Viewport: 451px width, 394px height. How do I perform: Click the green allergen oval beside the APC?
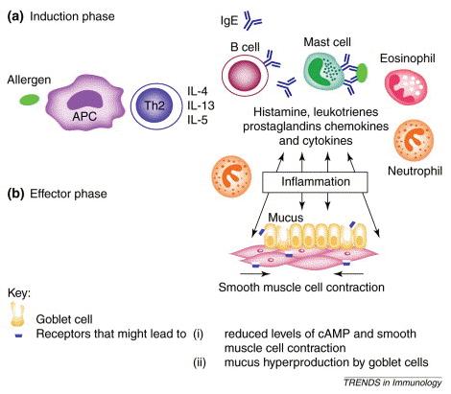tap(29, 100)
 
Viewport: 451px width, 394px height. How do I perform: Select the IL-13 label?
tap(201, 105)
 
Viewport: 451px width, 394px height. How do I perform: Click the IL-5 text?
tap(198, 120)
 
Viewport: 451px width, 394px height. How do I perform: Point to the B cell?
tap(246, 76)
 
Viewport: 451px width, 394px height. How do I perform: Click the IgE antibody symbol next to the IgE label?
tap(251, 21)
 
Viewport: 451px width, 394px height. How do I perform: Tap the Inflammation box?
tap(315, 182)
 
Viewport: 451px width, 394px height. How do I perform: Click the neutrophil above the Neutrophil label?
tap(414, 140)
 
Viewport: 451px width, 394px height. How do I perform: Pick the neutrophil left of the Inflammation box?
tap(231, 176)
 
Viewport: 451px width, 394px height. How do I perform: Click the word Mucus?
tap(285, 218)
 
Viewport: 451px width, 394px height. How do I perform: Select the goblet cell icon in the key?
tap(17, 314)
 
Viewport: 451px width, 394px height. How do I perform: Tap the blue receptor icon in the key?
tap(19, 336)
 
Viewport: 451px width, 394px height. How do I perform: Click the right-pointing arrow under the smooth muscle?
tap(255, 273)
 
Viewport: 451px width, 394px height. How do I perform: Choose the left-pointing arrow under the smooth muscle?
tap(348, 273)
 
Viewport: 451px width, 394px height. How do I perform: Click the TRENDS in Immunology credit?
tap(392, 382)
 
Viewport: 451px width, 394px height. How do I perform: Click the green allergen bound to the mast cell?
tap(363, 73)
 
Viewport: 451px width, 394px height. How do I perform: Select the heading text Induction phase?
tap(72, 16)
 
